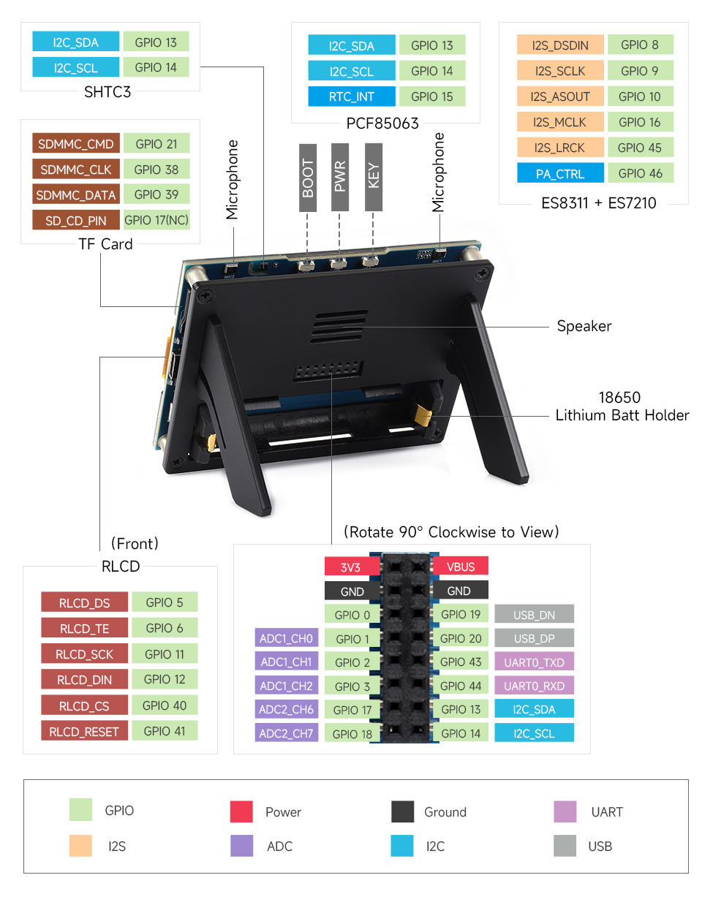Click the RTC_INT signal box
tap(352, 96)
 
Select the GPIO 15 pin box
tap(431, 96)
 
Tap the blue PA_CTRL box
tap(560, 173)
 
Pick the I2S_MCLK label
tap(559, 122)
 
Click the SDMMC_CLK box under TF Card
tap(75, 170)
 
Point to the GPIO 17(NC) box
tap(156, 220)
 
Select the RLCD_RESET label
tap(84, 731)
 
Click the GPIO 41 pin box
tap(165, 731)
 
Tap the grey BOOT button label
tap(308, 178)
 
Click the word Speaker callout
tap(584, 326)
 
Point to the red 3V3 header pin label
tap(351, 567)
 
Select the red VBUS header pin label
tap(461, 567)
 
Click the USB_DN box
tap(534, 615)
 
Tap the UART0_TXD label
tap(534, 662)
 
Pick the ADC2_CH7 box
tap(286, 733)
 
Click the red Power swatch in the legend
tap(241, 811)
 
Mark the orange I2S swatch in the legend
tap(80, 846)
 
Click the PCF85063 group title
tap(382, 123)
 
